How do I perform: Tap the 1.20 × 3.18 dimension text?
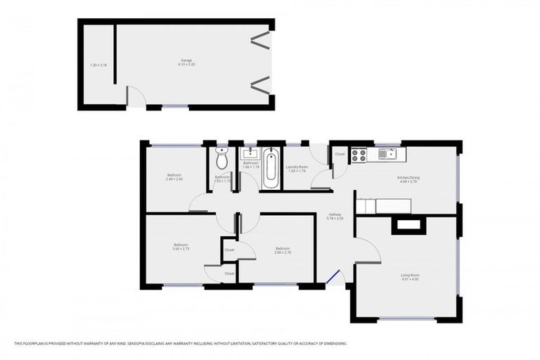point(98,65)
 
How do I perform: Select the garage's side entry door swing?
point(134,97)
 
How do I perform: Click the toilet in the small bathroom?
point(222,159)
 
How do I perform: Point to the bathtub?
point(271,167)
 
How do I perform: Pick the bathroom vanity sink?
point(250,153)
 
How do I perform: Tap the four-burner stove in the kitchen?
point(359,155)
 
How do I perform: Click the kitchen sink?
point(387,154)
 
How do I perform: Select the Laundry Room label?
point(297,169)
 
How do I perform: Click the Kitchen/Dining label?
point(409,179)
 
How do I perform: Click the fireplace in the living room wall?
point(409,225)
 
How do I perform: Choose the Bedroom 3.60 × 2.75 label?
point(181,247)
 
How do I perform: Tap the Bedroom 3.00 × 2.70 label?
point(283,250)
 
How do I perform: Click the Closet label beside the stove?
point(340,154)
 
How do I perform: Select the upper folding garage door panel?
point(260,39)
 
